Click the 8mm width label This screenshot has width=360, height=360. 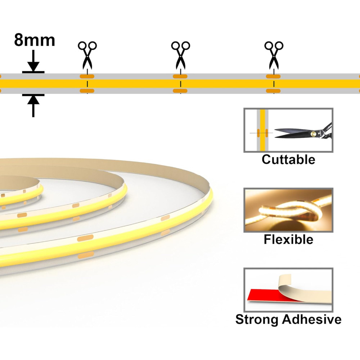pos(35,40)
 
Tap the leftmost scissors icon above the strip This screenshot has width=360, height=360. pos(87,55)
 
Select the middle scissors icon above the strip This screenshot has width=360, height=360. pos(180,55)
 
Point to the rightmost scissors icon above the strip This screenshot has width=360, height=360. pos(274,55)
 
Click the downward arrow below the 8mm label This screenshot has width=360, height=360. pos(33,60)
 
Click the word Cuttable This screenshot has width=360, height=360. pos(288,159)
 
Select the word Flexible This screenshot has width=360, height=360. pos(288,239)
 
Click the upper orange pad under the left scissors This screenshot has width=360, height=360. pos(87,76)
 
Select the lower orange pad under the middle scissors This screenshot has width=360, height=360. pos(180,91)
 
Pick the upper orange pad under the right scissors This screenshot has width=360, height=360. pos(273,76)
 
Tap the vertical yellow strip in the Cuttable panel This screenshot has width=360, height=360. pos(263,130)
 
